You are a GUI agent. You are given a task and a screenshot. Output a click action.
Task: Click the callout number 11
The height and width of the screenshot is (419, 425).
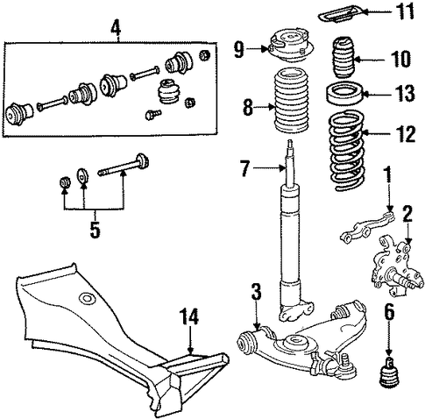click(403, 11)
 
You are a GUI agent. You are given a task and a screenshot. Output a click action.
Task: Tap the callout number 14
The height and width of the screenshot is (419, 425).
click(188, 316)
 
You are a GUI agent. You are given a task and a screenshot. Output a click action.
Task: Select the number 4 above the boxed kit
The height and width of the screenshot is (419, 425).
click(117, 29)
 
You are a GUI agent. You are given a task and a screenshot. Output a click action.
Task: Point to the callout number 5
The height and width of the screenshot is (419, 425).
click(96, 229)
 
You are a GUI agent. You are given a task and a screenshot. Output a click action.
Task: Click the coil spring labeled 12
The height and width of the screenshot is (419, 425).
click(347, 151)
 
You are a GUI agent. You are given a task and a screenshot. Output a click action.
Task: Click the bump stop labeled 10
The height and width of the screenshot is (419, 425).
click(344, 57)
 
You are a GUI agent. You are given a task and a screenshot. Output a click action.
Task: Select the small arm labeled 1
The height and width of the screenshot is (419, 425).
click(367, 227)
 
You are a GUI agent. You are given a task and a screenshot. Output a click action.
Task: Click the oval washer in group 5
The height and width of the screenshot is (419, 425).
click(82, 176)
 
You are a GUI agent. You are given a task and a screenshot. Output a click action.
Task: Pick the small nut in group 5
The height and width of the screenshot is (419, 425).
click(64, 183)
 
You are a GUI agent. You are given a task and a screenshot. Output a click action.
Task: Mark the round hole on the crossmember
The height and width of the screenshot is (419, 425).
click(87, 299)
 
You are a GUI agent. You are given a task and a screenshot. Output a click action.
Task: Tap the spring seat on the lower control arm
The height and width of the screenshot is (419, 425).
click(294, 343)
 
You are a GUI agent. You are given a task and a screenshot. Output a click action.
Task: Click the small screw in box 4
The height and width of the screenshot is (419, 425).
click(153, 114)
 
